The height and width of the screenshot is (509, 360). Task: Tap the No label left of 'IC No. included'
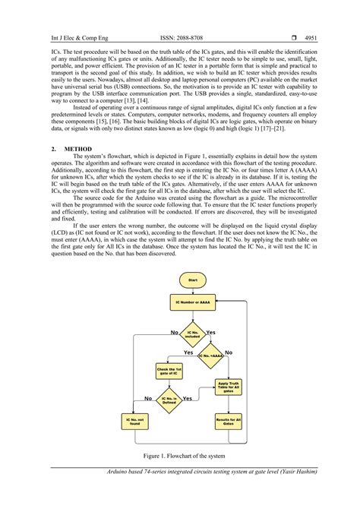[x=174, y=333]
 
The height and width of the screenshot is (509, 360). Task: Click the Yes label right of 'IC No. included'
[x=210, y=333]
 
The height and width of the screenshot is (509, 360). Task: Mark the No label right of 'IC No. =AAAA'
[x=229, y=353]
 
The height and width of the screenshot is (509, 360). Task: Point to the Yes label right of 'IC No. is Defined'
[x=187, y=397]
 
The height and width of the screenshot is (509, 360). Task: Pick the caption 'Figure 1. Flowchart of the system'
[x=179, y=456]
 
